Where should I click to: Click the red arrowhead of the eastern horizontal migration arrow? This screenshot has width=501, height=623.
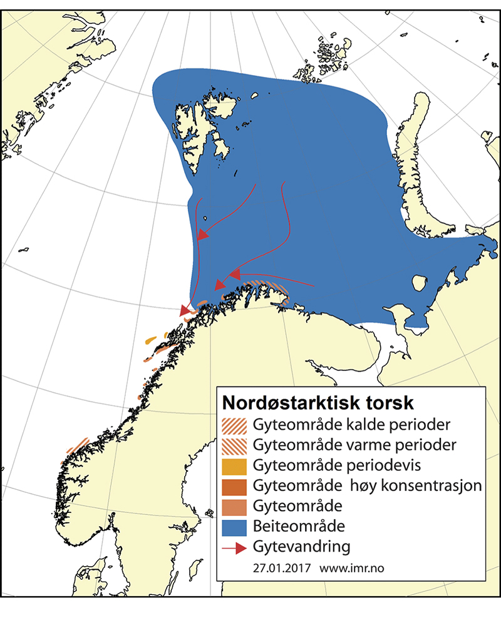[x=235, y=274]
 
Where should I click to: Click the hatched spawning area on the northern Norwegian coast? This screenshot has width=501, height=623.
[x=269, y=289]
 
